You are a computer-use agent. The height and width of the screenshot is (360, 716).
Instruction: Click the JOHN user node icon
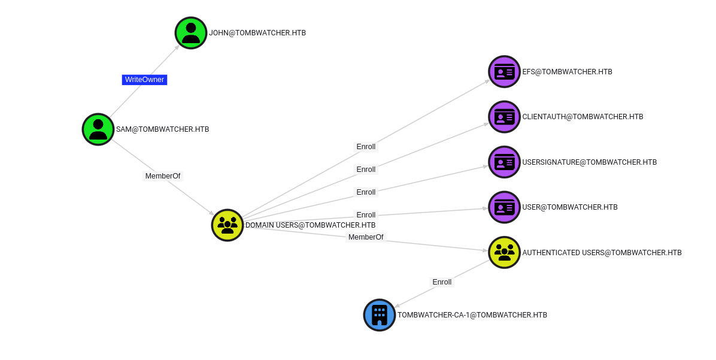click(x=191, y=33)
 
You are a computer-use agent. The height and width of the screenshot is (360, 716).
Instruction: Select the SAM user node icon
click(x=98, y=129)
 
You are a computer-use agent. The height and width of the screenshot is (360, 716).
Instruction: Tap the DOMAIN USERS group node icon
click(x=227, y=225)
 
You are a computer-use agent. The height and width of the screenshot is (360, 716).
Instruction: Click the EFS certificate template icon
click(x=504, y=72)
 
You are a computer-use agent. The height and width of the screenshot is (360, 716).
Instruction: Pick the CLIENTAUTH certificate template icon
click(x=504, y=117)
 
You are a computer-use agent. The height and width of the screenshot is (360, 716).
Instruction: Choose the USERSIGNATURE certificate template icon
click(x=504, y=162)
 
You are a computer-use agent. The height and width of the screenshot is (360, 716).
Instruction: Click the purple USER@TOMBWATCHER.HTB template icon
click(x=504, y=207)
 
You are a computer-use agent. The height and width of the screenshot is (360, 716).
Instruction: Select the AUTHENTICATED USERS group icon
click(x=504, y=252)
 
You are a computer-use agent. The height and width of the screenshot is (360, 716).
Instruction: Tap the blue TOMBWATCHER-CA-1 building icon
click(x=380, y=315)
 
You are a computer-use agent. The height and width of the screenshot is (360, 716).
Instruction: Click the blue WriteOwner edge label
click(x=144, y=80)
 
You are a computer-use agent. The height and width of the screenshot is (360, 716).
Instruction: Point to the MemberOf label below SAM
click(x=163, y=176)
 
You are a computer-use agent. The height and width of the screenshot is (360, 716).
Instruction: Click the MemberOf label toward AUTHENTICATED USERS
click(x=366, y=237)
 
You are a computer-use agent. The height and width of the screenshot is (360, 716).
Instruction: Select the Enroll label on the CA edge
click(x=442, y=282)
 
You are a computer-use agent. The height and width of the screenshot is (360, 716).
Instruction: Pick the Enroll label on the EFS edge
click(x=366, y=147)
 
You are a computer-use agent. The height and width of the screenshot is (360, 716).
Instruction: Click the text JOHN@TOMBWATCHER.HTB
click(x=257, y=33)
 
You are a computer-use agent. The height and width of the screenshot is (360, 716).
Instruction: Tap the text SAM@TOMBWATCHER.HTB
click(x=163, y=129)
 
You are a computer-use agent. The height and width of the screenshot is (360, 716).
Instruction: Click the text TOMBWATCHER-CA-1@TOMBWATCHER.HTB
click(x=472, y=315)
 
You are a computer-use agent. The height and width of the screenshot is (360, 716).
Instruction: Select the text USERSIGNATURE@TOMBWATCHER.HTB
click(x=589, y=162)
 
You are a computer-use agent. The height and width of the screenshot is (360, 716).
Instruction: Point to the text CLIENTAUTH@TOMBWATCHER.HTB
click(x=582, y=117)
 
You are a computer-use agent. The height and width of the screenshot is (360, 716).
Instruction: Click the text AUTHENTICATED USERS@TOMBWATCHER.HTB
click(x=602, y=253)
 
